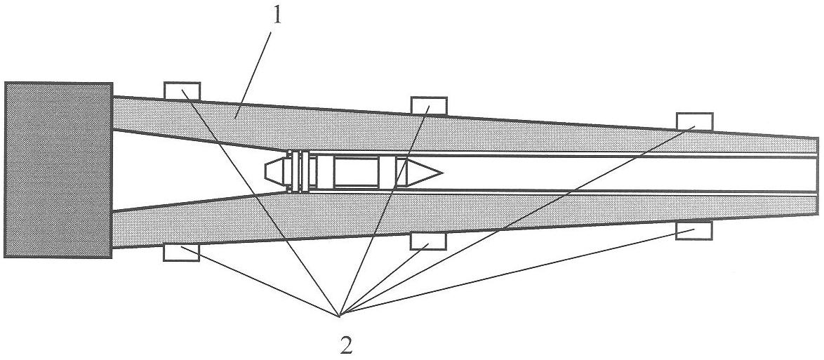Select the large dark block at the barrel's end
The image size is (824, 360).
point(58,170)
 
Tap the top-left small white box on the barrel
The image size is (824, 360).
point(182,91)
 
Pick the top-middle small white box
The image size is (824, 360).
point(429,106)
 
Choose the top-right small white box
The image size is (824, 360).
point(694,121)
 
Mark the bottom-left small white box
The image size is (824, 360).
point(181,253)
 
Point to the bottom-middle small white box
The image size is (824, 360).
point(428,241)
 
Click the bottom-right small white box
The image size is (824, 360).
point(693,231)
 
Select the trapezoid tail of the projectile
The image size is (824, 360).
point(276,173)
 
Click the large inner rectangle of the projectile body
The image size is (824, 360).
point(356,173)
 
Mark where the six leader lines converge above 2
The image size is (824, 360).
point(340,316)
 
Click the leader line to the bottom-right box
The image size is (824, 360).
point(517,272)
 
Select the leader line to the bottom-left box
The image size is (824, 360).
point(260,281)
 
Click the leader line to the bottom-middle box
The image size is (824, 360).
point(385,279)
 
